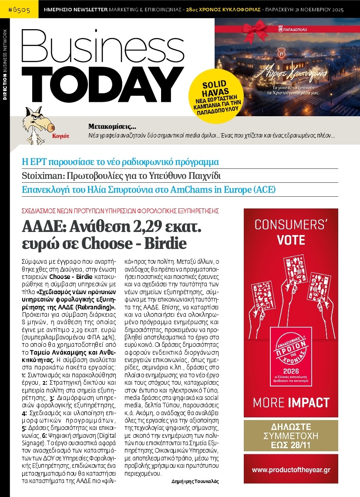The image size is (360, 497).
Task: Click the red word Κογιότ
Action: tap(61, 136)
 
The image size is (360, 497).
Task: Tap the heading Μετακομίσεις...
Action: tap(112, 127)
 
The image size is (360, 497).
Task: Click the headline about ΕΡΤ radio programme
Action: tap(120, 162)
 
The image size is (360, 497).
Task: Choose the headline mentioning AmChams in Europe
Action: tap(148, 190)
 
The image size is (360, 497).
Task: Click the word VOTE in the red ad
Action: tap(291, 240)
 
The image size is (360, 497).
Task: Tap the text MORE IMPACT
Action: tap(291, 402)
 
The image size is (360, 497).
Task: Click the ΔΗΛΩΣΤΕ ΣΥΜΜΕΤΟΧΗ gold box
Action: tap(291, 436)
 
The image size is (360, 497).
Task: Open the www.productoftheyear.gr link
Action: tap(291, 470)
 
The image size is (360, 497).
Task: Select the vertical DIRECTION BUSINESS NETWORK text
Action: tap(5, 65)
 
